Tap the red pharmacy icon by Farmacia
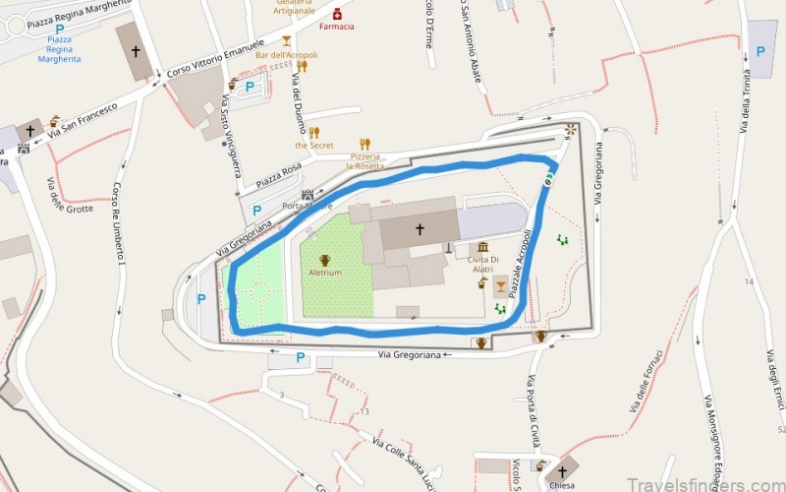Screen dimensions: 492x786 tap(337, 13)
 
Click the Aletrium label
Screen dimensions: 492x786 tap(324, 273)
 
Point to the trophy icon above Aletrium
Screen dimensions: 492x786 tap(324, 260)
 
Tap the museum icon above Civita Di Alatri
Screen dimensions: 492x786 tap(482, 247)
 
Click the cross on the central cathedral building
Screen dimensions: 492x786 tap(420, 229)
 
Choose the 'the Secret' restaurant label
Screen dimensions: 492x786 tap(314, 146)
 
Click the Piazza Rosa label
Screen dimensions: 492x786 tap(276, 178)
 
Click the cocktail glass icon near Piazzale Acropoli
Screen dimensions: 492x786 tap(501, 286)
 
